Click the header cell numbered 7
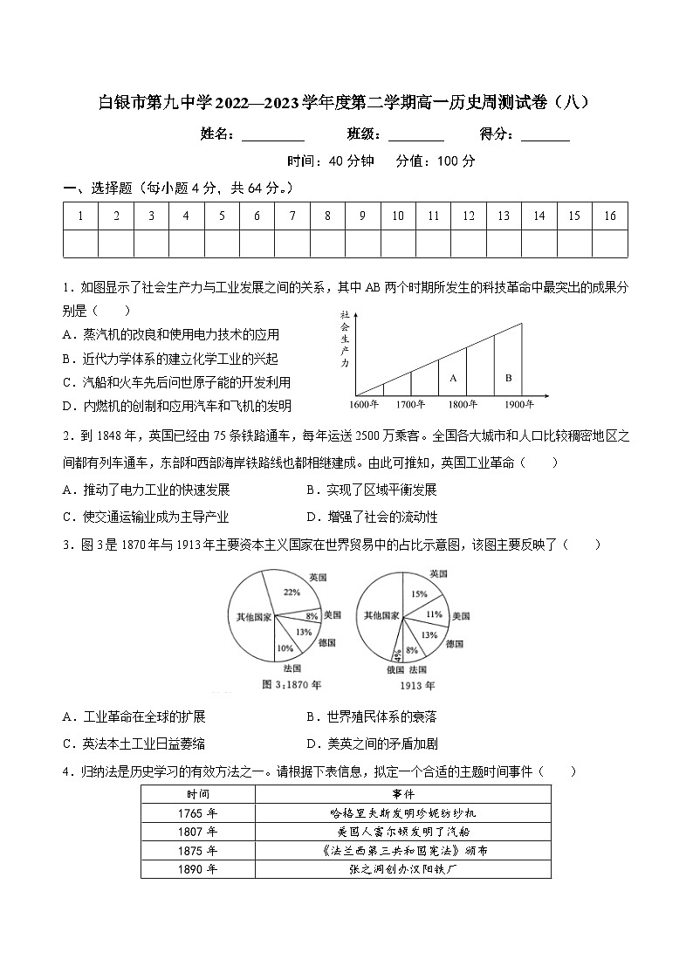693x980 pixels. pyautogui.click(x=292, y=216)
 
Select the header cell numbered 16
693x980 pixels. pyautogui.click(x=609, y=216)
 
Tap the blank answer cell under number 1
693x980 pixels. pyautogui.click(x=80, y=243)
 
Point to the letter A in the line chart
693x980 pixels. pyautogui.click(x=452, y=378)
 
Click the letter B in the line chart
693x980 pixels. pyautogui.click(x=508, y=378)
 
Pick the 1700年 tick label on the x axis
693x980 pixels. pyautogui.click(x=410, y=405)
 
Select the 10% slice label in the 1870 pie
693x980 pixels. pyautogui.click(x=285, y=648)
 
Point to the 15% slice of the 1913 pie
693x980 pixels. pyautogui.click(x=420, y=593)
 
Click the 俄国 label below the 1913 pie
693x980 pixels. pyautogui.click(x=395, y=669)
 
